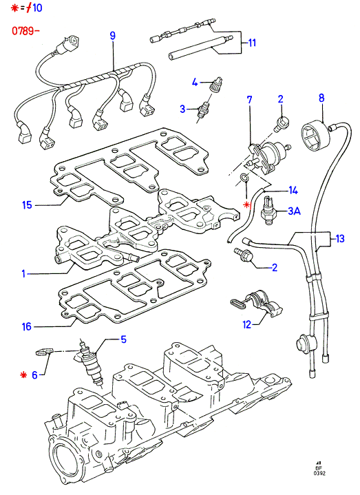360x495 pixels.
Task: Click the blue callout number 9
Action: pyautogui.click(x=113, y=35)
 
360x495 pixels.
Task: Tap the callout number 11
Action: pyautogui.click(x=252, y=43)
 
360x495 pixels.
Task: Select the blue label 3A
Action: pyautogui.click(x=294, y=211)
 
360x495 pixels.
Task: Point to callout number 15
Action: pyautogui.click(x=27, y=205)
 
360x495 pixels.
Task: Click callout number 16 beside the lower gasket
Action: pyautogui.click(x=27, y=326)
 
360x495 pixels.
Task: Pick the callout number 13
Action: pyautogui.click(x=340, y=239)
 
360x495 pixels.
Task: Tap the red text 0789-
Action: pyautogui.click(x=25, y=31)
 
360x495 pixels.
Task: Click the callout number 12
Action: pyautogui.click(x=247, y=324)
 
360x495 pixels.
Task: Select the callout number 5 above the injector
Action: pyautogui.click(x=123, y=339)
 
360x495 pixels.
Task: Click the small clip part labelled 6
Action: pyautogui.click(x=43, y=352)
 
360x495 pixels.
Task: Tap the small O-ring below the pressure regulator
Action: pyautogui.click(x=244, y=178)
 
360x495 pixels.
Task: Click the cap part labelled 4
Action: pyautogui.click(x=217, y=84)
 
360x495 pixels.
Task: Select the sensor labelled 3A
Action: pyautogui.click(x=268, y=211)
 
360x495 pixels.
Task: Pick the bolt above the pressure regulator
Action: pyautogui.click(x=280, y=125)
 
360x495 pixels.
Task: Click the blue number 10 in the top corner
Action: pyautogui.click(x=37, y=8)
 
